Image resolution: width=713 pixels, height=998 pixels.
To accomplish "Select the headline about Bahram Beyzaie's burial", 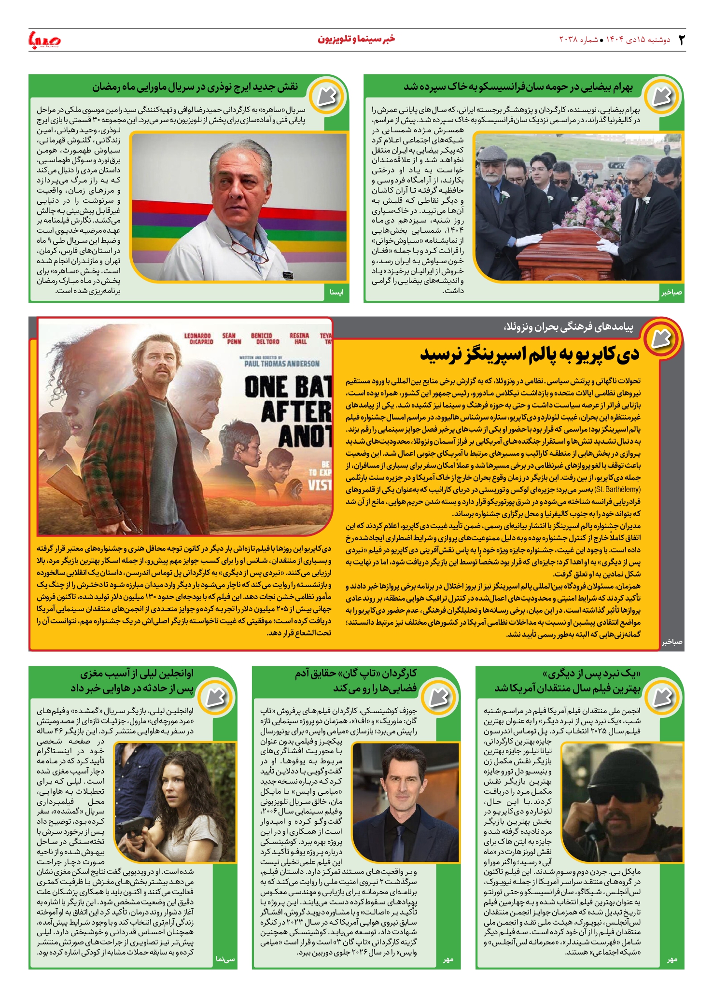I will pyautogui.click(x=518, y=87).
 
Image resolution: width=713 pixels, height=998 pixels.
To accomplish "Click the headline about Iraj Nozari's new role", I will pyautogui.click(x=195, y=87).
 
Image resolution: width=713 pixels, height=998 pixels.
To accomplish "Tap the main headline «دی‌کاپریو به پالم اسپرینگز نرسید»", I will pyautogui.click(x=530, y=354).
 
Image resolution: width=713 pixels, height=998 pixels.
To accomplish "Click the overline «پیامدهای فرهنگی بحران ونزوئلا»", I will pyautogui.click(x=568, y=327).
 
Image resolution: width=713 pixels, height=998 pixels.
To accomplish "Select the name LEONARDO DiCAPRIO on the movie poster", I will pyautogui.click(x=198, y=338).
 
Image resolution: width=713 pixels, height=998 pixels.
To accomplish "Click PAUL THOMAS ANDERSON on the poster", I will pyautogui.click(x=281, y=363).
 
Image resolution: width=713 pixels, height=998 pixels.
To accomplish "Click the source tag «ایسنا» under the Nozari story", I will pyautogui.click(x=336, y=292).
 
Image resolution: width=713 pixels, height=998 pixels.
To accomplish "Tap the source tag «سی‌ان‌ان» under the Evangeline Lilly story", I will pyautogui.click(x=225, y=959).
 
